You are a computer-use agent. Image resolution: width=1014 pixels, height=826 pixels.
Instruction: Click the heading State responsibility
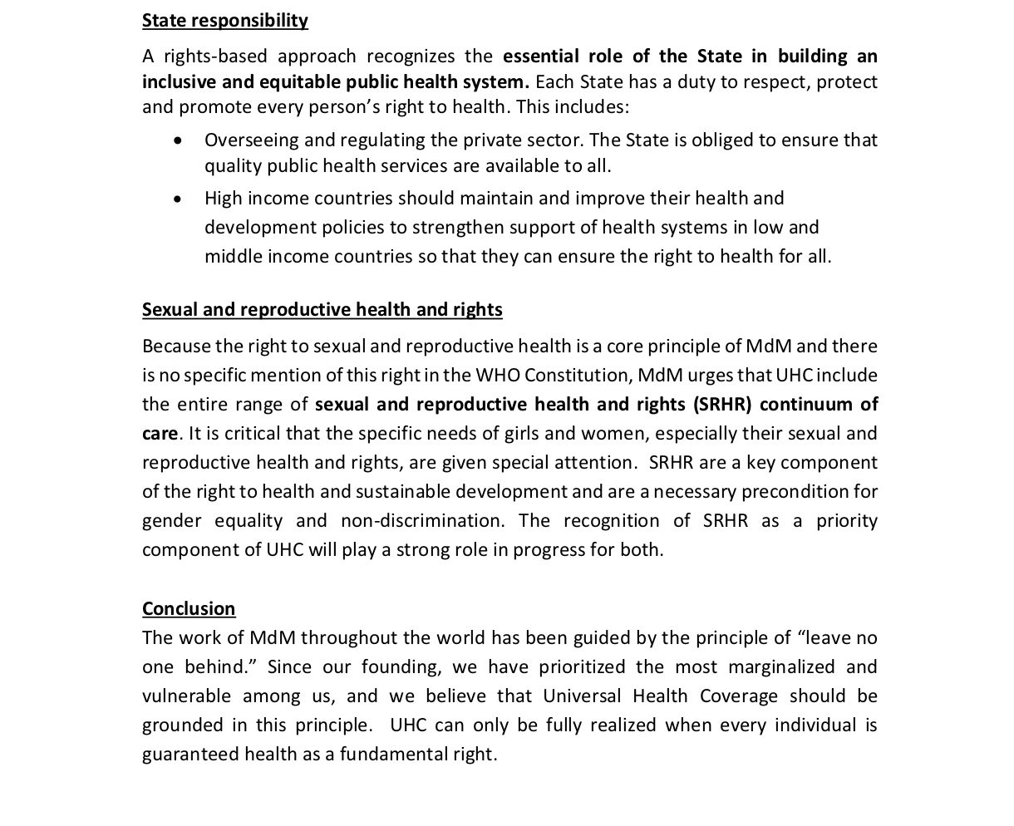[224, 20]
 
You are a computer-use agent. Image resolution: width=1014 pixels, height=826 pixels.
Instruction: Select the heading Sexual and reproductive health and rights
[322, 309]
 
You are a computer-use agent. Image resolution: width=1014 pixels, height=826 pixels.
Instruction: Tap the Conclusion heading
[189, 608]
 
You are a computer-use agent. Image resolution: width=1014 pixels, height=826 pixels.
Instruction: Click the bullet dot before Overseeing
[178, 140]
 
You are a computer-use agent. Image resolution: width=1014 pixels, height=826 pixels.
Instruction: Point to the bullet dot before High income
[178, 199]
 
